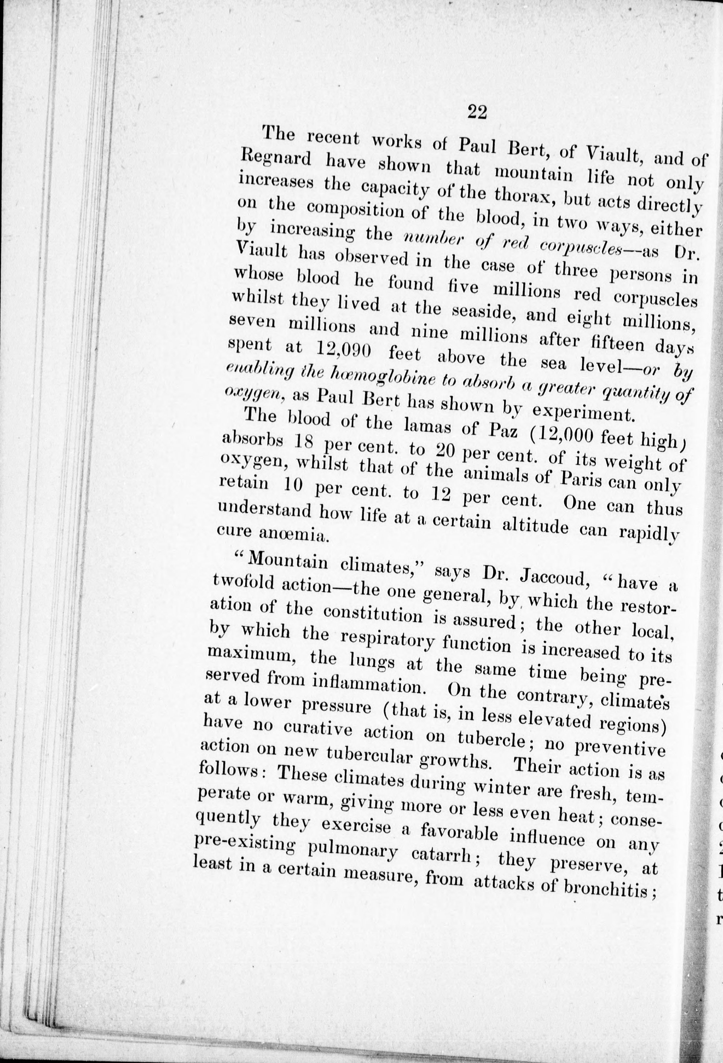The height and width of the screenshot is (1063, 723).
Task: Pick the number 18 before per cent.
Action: pos(304,442)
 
